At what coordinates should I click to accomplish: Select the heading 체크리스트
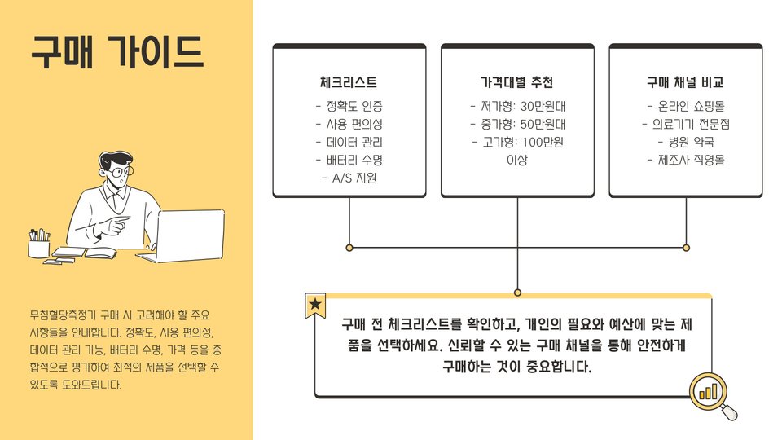pyautogui.click(x=349, y=83)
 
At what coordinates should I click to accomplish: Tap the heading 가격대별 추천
pyautogui.click(x=516, y=83)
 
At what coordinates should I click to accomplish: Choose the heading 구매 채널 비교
pyautogui.click(x=685, y=83)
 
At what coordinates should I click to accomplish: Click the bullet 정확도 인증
pyautogui.click(x=349, y=106)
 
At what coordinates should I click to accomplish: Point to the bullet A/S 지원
pyautogui.click(x=349, y=178)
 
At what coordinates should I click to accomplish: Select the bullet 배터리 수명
pyautogui.click(x=349, y=160)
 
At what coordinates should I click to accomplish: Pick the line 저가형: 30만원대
pyautogui.click(x=516, y=106)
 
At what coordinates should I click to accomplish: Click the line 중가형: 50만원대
pyautogui.click(x=516, y=124)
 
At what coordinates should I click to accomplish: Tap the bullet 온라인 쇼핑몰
pyautogui.click(x=685, y=106)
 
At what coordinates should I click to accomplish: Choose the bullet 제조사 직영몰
pyautogui.click(x=685, y=160)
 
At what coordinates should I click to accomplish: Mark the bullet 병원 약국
pyautogui.click(x=685, y=142)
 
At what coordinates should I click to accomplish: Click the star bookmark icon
pyautogui.click(x=315, y=306)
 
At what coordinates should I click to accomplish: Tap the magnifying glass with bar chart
pyautogui.click(x=711, y=393)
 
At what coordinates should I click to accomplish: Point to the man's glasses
pyautogui.click(x=120, y=172)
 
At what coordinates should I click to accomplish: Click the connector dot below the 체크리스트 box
pyautogui.click(x=349, y=247)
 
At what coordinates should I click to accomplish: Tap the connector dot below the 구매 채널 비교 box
pyautogui.click(x=686, y=247)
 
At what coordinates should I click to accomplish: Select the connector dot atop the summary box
pyautogui.click(x=517, y=292)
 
